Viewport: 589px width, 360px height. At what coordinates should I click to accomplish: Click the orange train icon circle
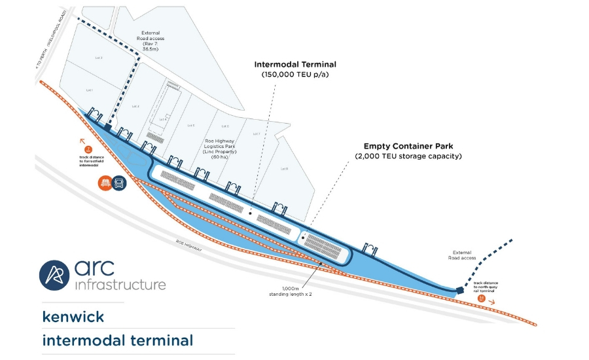tap(105, 183)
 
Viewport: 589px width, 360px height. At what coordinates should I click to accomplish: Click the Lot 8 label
tap(284, 169)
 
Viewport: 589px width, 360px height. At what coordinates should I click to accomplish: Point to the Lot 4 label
tap(164, 119)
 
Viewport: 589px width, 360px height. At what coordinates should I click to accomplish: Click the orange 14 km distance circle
tap(481, 298)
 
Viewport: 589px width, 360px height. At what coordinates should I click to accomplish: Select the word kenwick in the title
tap(73, 317)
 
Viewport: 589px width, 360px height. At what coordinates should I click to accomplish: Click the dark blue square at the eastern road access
tap(461, 288)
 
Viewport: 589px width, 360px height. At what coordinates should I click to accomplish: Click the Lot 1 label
tap(90, 90)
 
